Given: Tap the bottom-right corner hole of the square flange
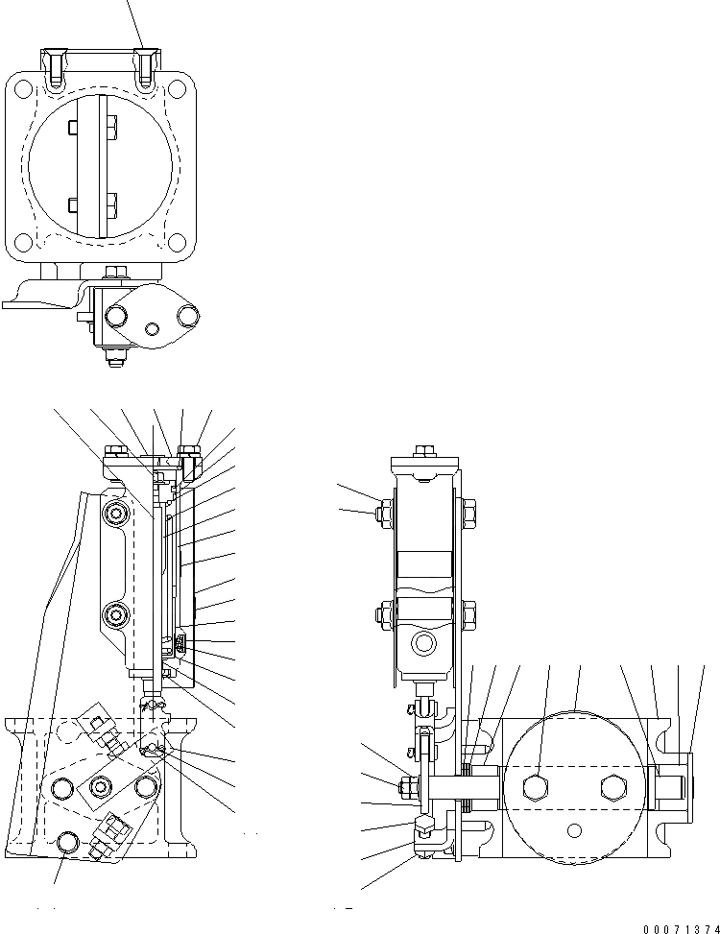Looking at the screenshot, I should coord(178,243).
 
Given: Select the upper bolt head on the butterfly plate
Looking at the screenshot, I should coord(110,129).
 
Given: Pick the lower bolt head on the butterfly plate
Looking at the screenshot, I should coord(110,204).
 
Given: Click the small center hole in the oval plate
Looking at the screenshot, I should coord(150,329).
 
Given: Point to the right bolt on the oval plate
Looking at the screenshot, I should coord(188,314).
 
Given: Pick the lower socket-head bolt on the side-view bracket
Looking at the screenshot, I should coord(117,611).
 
